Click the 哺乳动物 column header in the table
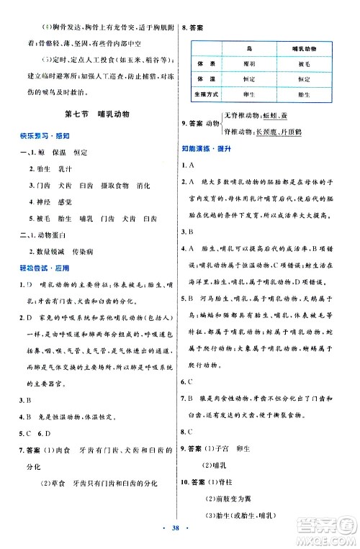[305, 49]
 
